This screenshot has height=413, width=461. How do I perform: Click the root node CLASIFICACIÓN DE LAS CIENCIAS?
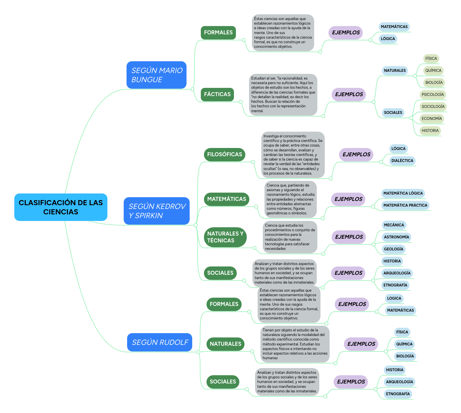coord(61,207)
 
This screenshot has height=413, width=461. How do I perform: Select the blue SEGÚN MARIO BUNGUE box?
coord(157,75)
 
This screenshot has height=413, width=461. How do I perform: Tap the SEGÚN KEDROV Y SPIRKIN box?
coord(157,211)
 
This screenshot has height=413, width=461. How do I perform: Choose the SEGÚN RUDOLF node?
coord(160,342)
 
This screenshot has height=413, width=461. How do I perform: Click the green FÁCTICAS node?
coord(217,94)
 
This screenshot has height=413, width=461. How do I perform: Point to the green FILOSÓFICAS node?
coord(225,155)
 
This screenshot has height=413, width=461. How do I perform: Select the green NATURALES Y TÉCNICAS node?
coord(225,237)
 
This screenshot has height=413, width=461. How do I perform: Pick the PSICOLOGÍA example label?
coord(433,95)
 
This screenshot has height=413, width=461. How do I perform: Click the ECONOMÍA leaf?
coord(432,119)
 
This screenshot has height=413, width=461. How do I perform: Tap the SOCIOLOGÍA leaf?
coord(433,107)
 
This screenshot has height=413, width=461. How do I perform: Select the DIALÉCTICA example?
coord(402,161)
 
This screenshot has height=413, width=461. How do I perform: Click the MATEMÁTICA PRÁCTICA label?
coord(405,205)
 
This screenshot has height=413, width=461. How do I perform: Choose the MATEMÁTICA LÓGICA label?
coord(403,193)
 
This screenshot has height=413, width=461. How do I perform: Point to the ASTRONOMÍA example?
coord(396,237)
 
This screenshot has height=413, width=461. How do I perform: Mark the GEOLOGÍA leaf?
coord(394,249)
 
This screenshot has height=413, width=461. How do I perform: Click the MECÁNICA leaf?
coord(394,225)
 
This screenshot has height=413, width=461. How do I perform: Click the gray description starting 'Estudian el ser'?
coord(283,95)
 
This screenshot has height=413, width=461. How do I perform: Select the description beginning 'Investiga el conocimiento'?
coord(293,155)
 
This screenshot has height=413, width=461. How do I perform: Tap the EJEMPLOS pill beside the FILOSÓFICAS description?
coord(356,155)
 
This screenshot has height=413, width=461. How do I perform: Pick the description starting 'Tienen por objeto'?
coord(295,344)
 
